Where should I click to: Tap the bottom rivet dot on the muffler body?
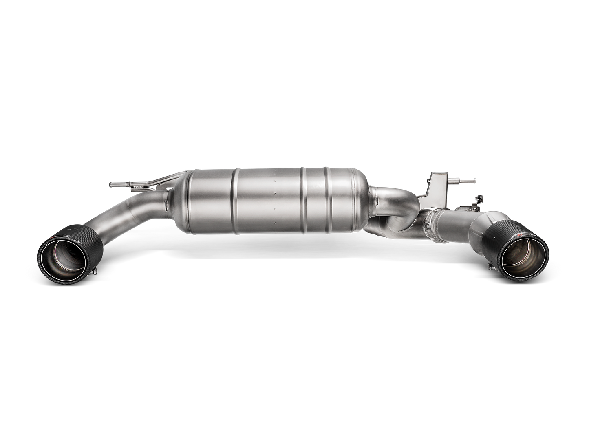275,223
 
